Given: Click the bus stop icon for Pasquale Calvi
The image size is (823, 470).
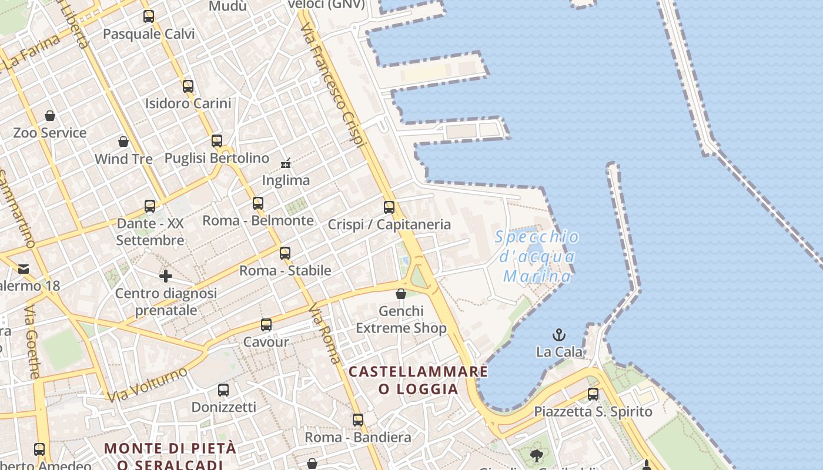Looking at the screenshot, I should point(149,16).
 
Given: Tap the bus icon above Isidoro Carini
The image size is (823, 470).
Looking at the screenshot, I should point(188,86).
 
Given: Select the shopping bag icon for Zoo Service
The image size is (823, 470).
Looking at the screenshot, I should point(50,116).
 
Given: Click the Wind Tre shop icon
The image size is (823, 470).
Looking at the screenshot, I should point(123,142).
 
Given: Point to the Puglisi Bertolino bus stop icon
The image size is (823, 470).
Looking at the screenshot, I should point(217,141).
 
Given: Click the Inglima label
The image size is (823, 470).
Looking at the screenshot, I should point(286,180).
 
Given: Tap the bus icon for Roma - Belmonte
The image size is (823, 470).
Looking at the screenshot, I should point(258,203).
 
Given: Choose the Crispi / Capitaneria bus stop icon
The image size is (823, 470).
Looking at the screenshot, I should point(389,207).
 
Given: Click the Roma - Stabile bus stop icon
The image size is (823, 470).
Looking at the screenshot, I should point(285,253).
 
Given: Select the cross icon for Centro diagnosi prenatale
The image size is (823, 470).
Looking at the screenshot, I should point(166,276).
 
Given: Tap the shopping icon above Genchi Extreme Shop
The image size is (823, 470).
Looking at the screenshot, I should point(401,294).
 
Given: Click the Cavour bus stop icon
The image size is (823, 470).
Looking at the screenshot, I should point(266,325).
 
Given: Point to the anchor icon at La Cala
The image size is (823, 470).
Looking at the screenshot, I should point(559,335).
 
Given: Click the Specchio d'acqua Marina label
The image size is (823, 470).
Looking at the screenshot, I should point(537,257).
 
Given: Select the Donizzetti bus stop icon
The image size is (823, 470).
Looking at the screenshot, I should point(223,390).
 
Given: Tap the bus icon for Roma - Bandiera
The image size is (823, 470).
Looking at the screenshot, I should point(358,420).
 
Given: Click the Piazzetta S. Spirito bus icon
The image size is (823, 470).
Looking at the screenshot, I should point(593,394).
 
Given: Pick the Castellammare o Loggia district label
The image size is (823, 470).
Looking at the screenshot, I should point(418,380).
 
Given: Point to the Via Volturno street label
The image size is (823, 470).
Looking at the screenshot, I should point(148,385).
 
